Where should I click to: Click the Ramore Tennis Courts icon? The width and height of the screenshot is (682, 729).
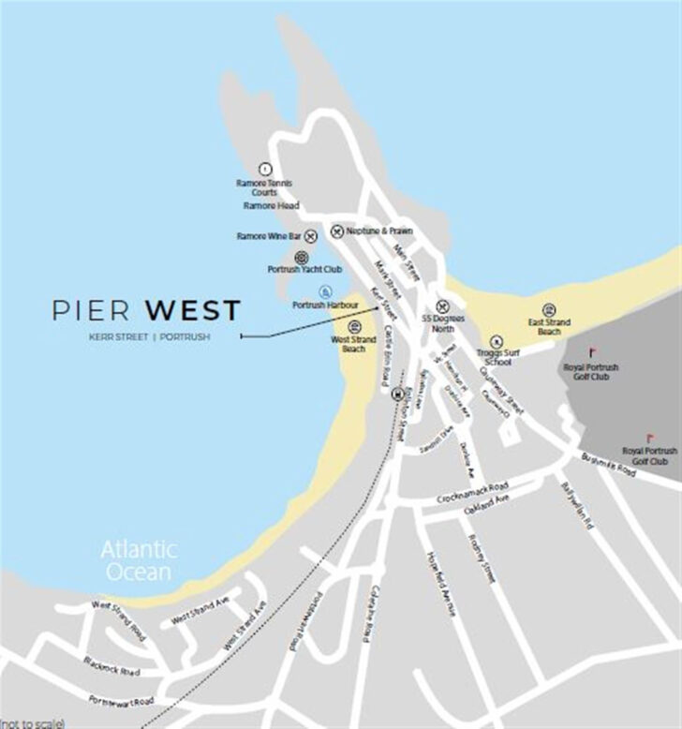click(x=264, y=169)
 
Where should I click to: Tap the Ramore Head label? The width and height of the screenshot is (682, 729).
click(x=270, y=205)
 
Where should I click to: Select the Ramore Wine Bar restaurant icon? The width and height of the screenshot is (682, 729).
click(x=311, y=236)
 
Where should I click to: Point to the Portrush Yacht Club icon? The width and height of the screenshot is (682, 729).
click(x=302, y=257)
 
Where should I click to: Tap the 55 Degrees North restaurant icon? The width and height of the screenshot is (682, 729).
click(x=443, y=306)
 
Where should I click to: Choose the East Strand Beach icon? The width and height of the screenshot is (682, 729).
click(x=549, y=310)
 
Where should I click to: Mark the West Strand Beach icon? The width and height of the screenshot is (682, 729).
click(x=355, y=327)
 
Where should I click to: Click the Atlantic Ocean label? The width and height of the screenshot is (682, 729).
click(x=139, y=560)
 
